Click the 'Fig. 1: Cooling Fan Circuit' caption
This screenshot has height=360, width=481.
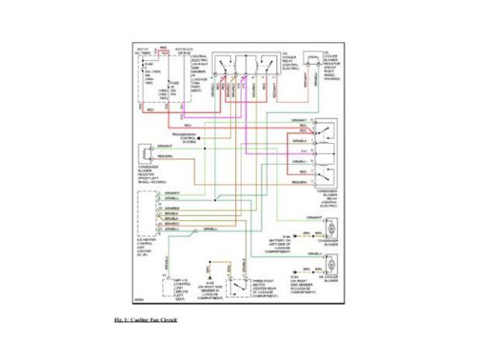click(146, 320)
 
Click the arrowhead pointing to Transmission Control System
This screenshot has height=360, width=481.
click(198, 138)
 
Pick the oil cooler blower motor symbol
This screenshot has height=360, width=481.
click(332, 264)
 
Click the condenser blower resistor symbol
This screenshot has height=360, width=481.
click(145, 154)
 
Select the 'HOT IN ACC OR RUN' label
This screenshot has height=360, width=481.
click(184, 51)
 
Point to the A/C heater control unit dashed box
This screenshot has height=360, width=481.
click(147, 214)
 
